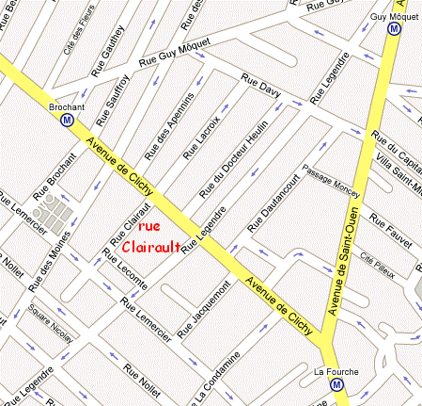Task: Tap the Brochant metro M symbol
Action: tap(67, 120)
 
